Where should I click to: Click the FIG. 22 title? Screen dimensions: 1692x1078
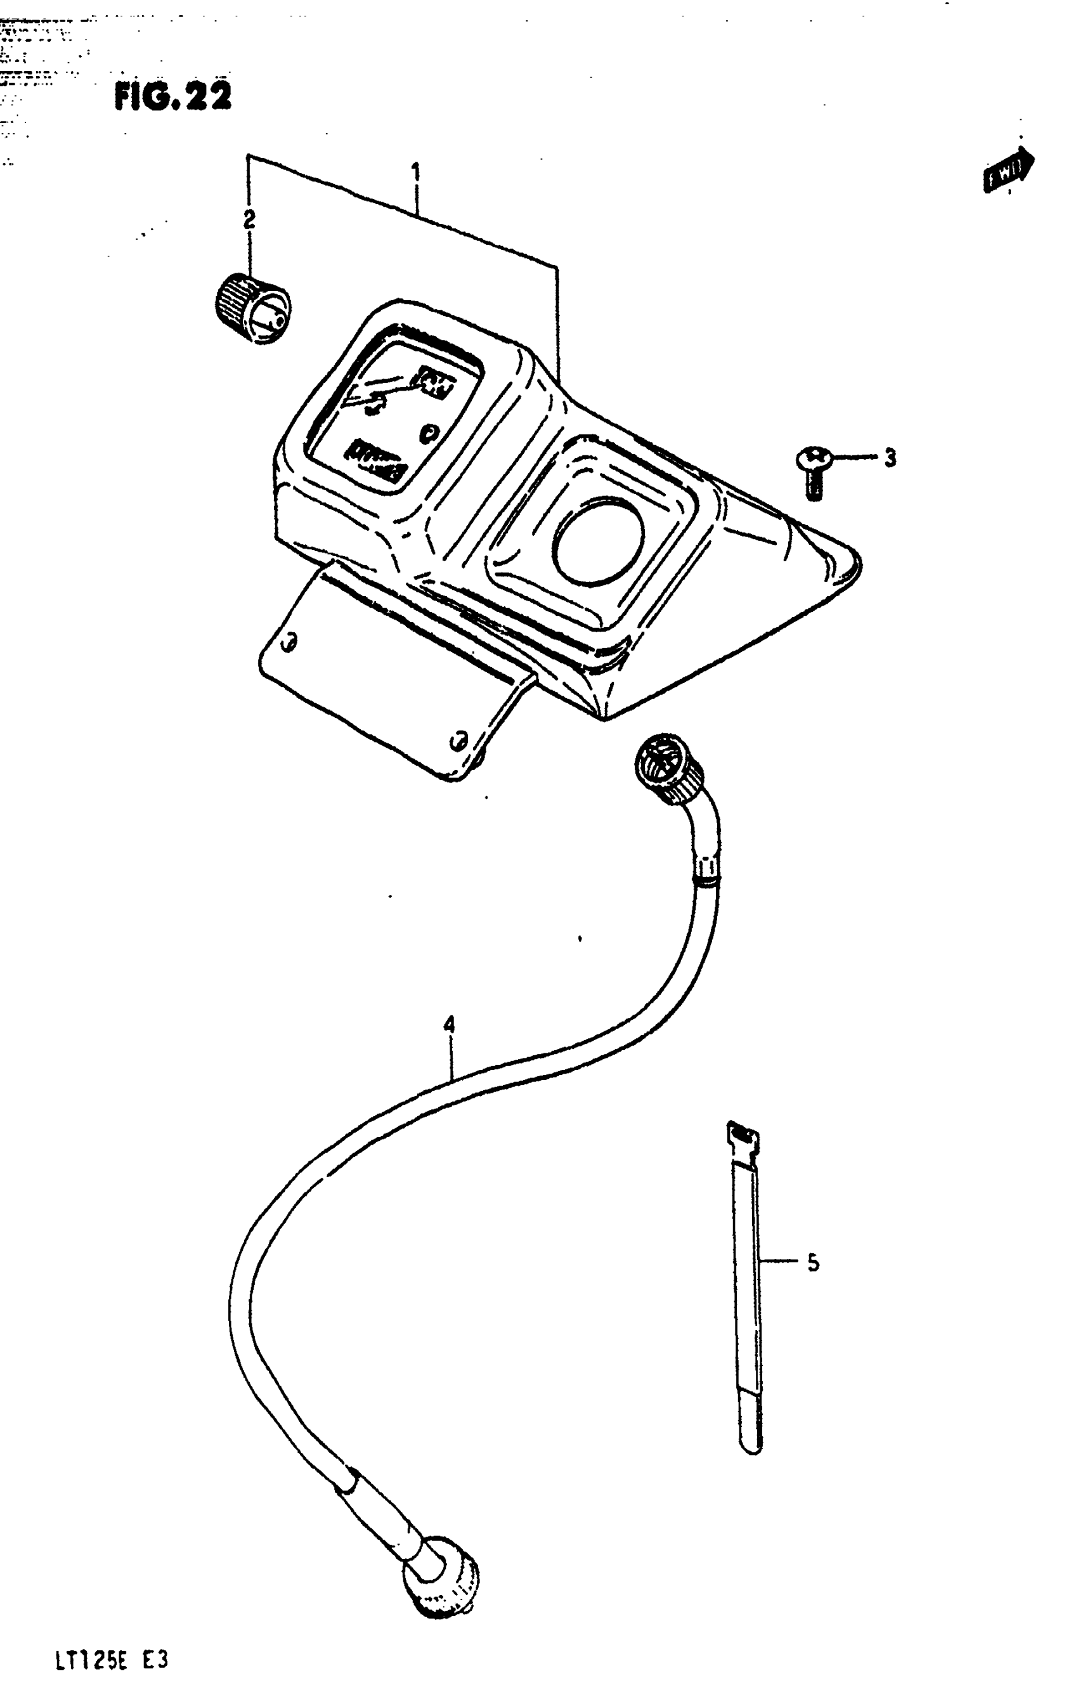(172, 96)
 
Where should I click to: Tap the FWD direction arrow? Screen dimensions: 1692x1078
(1008, 169)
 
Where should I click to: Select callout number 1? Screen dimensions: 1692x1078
(416, 172)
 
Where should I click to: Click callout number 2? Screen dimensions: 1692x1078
(249, 219)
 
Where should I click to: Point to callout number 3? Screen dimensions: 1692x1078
(890, 458)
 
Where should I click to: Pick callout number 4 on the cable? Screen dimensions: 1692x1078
(449, 1024)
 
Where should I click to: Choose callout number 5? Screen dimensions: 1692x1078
(813, 1263)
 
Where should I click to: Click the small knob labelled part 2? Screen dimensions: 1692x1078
(252, 309)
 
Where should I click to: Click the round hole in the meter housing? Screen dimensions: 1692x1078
(598, 541)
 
